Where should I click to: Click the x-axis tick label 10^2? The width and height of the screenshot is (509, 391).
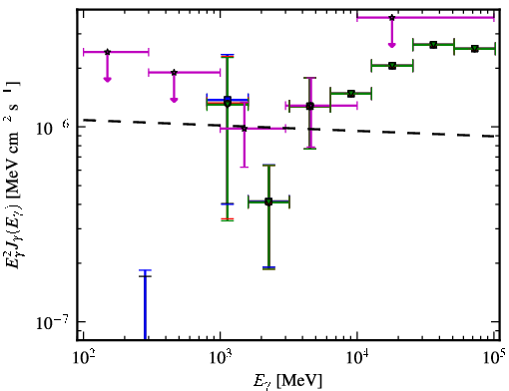pyautogui.click(x=83, y=358)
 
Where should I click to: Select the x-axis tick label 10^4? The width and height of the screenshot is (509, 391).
pyautogui.click(x=357, y=358)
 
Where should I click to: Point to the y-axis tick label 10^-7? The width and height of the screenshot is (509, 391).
pyautogui.click(x=51, y=322)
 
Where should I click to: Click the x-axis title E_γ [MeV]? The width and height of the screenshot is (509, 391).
pyautogui.click(x=287, y=381)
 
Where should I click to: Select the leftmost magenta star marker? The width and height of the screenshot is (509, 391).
pyautogui.click(x=107, y=52)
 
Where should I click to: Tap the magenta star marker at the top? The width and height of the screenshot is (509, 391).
pyautogui.click(x=392, y=18)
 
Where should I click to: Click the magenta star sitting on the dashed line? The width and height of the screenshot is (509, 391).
pyautogui.click(x=245, y=129)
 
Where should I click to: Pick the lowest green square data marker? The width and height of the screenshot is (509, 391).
pyautogui.click(x=268, y=201)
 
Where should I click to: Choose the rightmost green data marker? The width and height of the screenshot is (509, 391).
pyautogui.click(x=475, y=49)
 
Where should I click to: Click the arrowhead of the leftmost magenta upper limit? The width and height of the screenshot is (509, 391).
pyautogui.click(x=107, y=79)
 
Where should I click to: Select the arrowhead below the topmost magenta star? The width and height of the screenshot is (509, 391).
pyautogui.click(x=392, y=45)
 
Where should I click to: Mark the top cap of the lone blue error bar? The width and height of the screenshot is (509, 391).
pyautogui.click(x=145, y=270)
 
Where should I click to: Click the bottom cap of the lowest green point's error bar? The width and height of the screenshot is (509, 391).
pyautogui.click(x=268, y=268)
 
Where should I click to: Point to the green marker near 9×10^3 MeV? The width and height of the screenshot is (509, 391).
pyautogui.click(x=350, y=94)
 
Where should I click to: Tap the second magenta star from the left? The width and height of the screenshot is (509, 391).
pyautogui.click(x=174, y=73)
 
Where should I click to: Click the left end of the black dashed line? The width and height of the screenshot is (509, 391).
pyautogui.click(x=83, y=120)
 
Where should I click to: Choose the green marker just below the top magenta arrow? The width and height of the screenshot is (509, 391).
pyautogui.click(x=392, y=66)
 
